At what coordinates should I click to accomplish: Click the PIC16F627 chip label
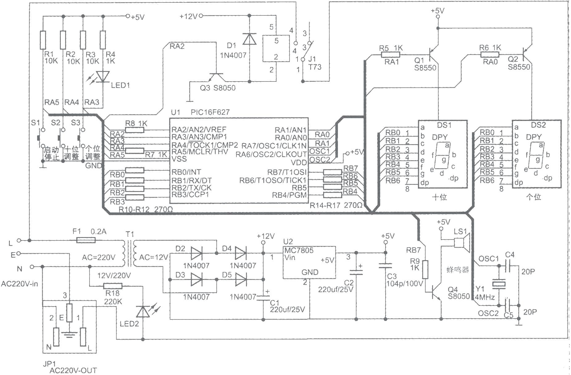pos(210,112)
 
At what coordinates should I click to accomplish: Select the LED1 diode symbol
pos(103,77)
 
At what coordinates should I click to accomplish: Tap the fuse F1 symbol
pos(85,240)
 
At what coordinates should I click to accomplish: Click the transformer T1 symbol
pos(129,254)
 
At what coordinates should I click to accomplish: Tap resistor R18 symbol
pos(113,286)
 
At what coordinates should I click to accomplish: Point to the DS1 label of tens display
pos(444,125)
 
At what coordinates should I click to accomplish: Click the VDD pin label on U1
pos(299,162)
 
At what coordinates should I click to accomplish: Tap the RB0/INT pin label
pos(186,172)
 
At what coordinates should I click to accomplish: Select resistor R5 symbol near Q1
pos(391,55)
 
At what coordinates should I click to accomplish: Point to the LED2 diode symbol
pos(143,312)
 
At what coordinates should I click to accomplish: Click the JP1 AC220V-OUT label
pos(70,367)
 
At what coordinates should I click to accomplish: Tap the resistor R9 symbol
pos(425,269)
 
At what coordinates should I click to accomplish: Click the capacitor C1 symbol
pos(263,297)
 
